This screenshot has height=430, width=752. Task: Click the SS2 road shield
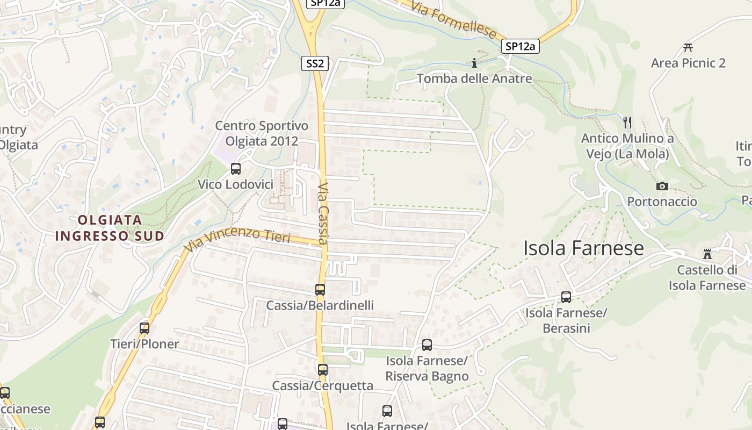(315, 63)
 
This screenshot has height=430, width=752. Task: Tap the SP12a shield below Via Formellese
(520, 46)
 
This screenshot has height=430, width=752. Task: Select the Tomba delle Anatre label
(474, 78)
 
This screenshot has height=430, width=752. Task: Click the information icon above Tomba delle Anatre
(474, 63)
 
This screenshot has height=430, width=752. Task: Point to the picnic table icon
(688, 47)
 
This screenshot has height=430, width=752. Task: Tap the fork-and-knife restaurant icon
(627, 122)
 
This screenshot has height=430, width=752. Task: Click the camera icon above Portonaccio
(662, 186)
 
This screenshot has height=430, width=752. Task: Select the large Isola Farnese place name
(583, 248)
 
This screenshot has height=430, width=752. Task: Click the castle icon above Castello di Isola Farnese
(707, 254)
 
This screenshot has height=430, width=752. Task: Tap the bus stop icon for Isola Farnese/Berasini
(566, 297)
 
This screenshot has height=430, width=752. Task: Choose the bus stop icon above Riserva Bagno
(427, 345)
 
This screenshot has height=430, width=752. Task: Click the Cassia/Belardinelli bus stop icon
(320, 290)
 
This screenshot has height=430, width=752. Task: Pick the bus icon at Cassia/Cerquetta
(322, 370)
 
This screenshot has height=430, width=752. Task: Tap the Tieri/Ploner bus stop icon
(144, 328)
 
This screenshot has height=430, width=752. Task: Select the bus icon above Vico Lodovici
(235, 169)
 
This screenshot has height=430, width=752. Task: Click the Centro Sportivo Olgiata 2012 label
(262, 133)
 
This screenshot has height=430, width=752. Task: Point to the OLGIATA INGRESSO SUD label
(110, 227)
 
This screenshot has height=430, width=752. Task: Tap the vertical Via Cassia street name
(323, 214)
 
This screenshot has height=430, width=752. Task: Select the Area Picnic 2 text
(688, 63)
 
